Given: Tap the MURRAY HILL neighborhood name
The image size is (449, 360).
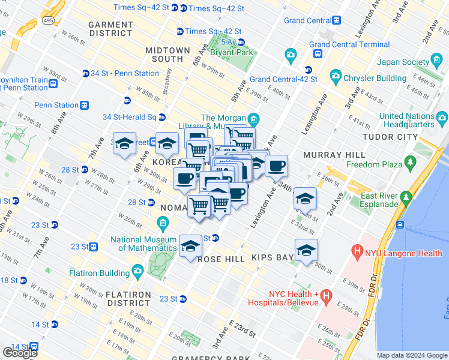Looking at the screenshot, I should (334, 155).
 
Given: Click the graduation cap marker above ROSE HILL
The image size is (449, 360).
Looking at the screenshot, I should (191, 246).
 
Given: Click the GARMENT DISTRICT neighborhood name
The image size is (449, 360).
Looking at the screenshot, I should (110, 29).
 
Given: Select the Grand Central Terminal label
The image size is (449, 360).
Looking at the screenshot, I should (349, 44).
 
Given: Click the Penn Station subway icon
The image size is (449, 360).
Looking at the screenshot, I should (85, 105).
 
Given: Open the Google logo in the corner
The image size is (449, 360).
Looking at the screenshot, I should (20, 353).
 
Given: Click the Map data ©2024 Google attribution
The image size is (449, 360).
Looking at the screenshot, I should (412, 355).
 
